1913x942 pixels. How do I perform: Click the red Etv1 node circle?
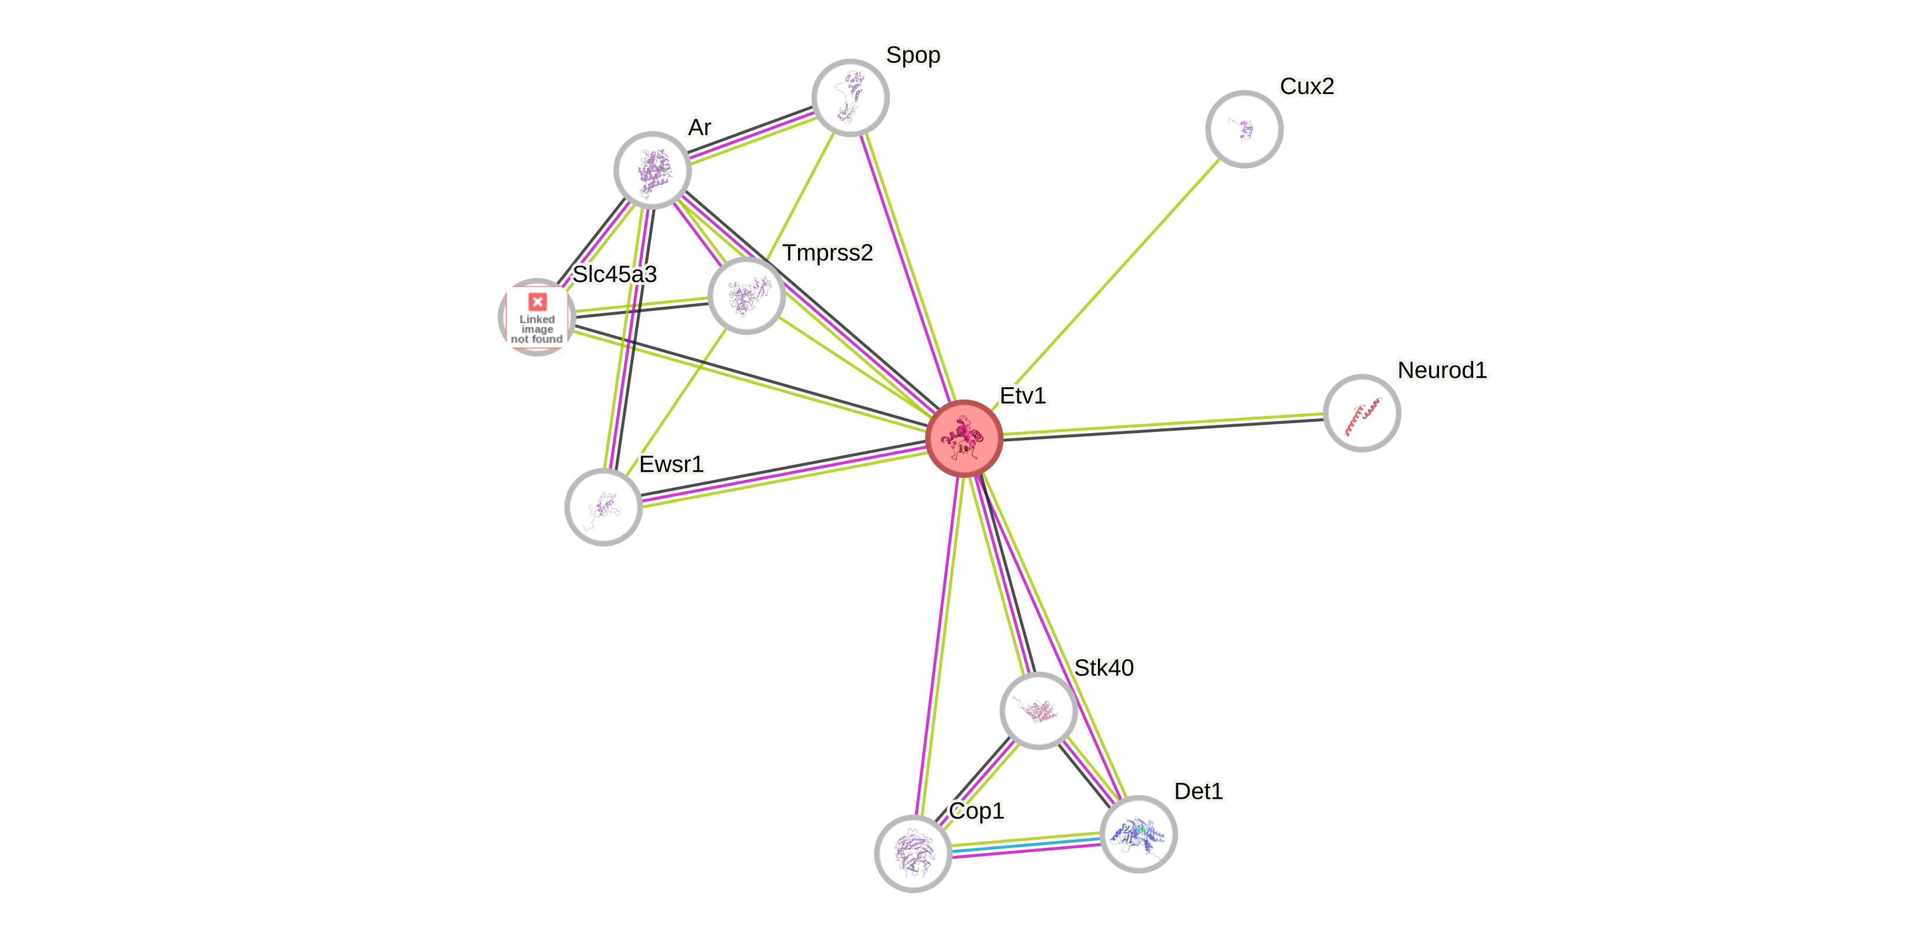(964, 438)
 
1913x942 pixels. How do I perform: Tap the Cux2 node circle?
(1244, 129)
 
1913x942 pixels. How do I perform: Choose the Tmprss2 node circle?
(746, 296)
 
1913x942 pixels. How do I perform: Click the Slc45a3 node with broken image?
(536, 318)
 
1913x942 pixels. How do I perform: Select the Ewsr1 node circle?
(603, 507)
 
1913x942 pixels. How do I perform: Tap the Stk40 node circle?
(1038, 710)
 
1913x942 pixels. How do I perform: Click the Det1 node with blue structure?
(1138, 834)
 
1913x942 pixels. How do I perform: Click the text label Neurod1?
(1442, 370)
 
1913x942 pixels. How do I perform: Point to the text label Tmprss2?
(827, 253)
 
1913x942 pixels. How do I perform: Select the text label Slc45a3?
(614, 274)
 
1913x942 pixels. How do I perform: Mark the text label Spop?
(913, 55)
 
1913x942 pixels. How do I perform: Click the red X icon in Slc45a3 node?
(537, 301)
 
